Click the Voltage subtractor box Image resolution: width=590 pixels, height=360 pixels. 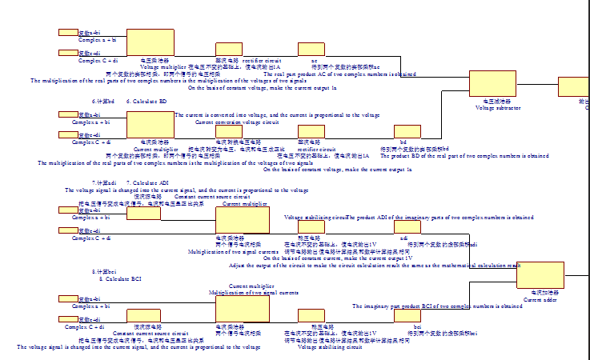(x=492, y=83)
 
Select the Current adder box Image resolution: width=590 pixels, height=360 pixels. (x=540, y=275)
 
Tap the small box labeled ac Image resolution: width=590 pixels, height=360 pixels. (x=311, y=49)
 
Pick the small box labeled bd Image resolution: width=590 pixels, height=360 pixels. (x=407, y=132)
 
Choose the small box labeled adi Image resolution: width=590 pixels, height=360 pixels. (x=407, y=227)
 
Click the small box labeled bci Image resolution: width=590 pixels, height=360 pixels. (x=407, y=316)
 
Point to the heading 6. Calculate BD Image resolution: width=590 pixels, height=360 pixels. (x=146, y=102)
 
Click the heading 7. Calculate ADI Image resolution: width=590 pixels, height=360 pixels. (x=147, y=183)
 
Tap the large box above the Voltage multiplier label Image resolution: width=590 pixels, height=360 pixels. (x=150, y=42)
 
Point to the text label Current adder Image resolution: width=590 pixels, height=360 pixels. (x=540, y=299)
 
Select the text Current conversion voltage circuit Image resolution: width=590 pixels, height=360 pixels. (x=237, y=122)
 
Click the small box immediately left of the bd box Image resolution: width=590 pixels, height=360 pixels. (x=311, y=132)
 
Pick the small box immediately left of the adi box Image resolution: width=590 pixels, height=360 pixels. (x=311, y=227)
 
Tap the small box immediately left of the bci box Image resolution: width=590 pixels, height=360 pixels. (x=311, y=316)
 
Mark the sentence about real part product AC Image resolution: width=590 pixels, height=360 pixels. (x=339, y=74)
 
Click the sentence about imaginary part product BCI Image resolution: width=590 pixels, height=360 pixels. (x=426, y=306)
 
